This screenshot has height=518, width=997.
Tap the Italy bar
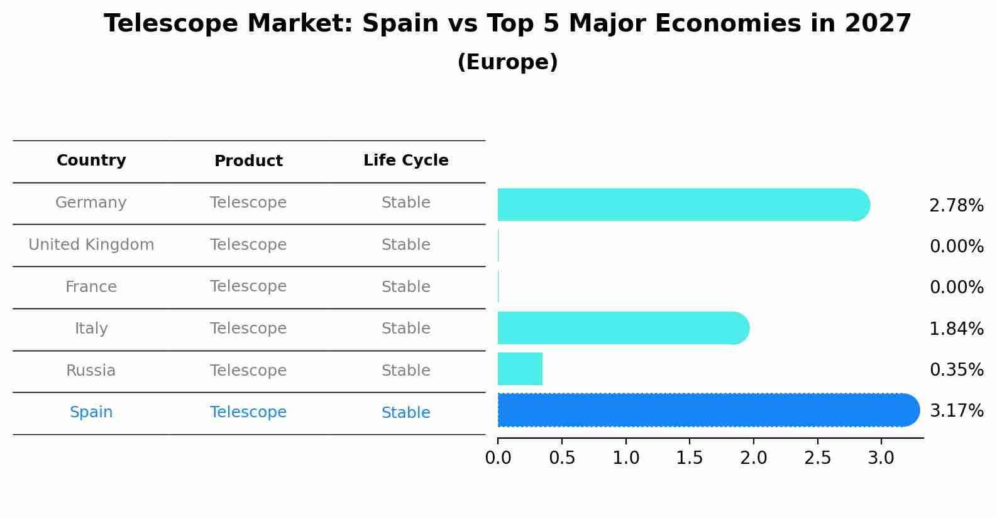[x=623, y=328]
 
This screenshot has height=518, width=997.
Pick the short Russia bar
[x=520, y=369]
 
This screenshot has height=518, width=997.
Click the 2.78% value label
[x=956, y=206]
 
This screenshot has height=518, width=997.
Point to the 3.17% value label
[x=956, y=411]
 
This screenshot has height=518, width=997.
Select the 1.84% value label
[x=956, y=329]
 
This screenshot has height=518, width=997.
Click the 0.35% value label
[x=956, y=370]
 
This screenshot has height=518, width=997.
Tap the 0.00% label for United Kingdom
[x=956, y=247]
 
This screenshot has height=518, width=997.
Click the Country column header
[x=91, y=160]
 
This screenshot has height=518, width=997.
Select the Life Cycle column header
[x=405, y=160]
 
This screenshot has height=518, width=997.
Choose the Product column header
[x=248, y=161]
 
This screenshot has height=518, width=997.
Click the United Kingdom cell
[x=91, y=245]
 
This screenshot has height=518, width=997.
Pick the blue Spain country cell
[x=91, y=412]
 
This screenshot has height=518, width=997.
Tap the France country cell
[x=91, y=287]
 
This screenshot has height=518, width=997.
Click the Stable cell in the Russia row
[x=405, y=371]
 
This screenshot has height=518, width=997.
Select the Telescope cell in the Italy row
[x=248, y=329]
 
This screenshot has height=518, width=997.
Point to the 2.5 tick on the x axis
[x=817, y=458]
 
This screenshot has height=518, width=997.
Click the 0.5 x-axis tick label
[x=562, y=458]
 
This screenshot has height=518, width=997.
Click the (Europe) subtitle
[x=507, y=62]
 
